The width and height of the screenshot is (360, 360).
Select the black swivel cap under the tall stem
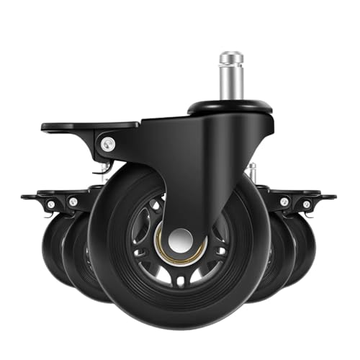tap(230, 108)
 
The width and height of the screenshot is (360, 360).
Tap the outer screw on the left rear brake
tap(50, 204)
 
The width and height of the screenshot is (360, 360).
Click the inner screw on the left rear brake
tap(72, 202)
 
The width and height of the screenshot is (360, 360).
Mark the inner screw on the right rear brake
tap(286, 202)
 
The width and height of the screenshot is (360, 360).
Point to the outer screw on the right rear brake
tap(307, 204)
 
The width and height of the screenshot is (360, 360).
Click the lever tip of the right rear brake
tap(329, 196)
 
